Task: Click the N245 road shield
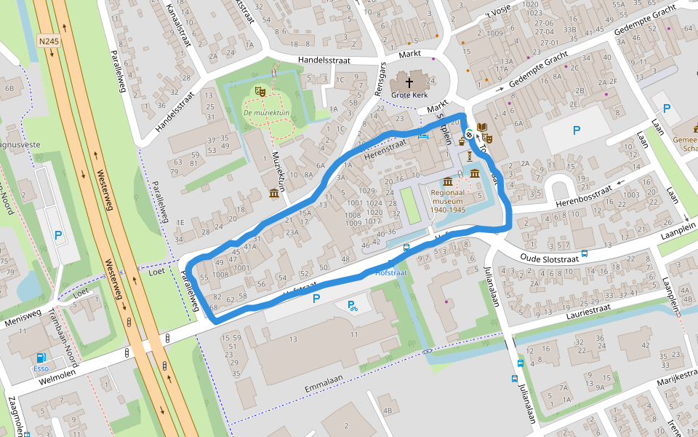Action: [48, 42]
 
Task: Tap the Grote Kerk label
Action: [409, 95]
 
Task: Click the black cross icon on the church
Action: [409, 82]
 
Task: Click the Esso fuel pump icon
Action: [41, 357]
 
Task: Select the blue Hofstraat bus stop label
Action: [390, 272]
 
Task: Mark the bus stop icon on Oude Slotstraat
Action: [406, 247]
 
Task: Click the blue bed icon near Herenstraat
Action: [423, 133]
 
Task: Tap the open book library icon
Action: [483, 127]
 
